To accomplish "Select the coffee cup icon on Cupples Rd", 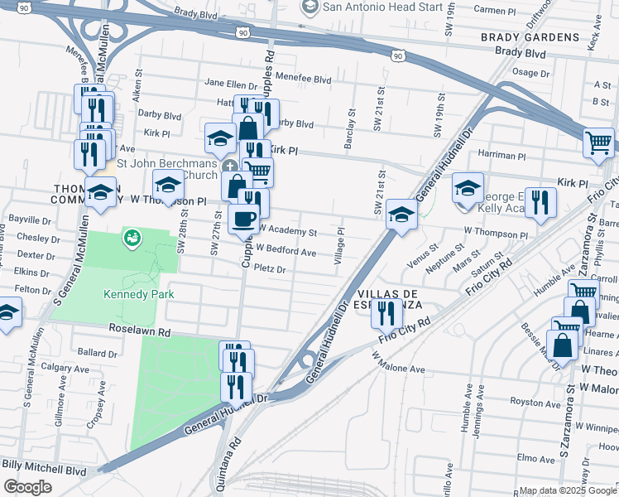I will [243, 220].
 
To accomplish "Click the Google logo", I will [27, 487].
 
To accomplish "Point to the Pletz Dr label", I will [270, 269].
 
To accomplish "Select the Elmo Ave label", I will [530, 457].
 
